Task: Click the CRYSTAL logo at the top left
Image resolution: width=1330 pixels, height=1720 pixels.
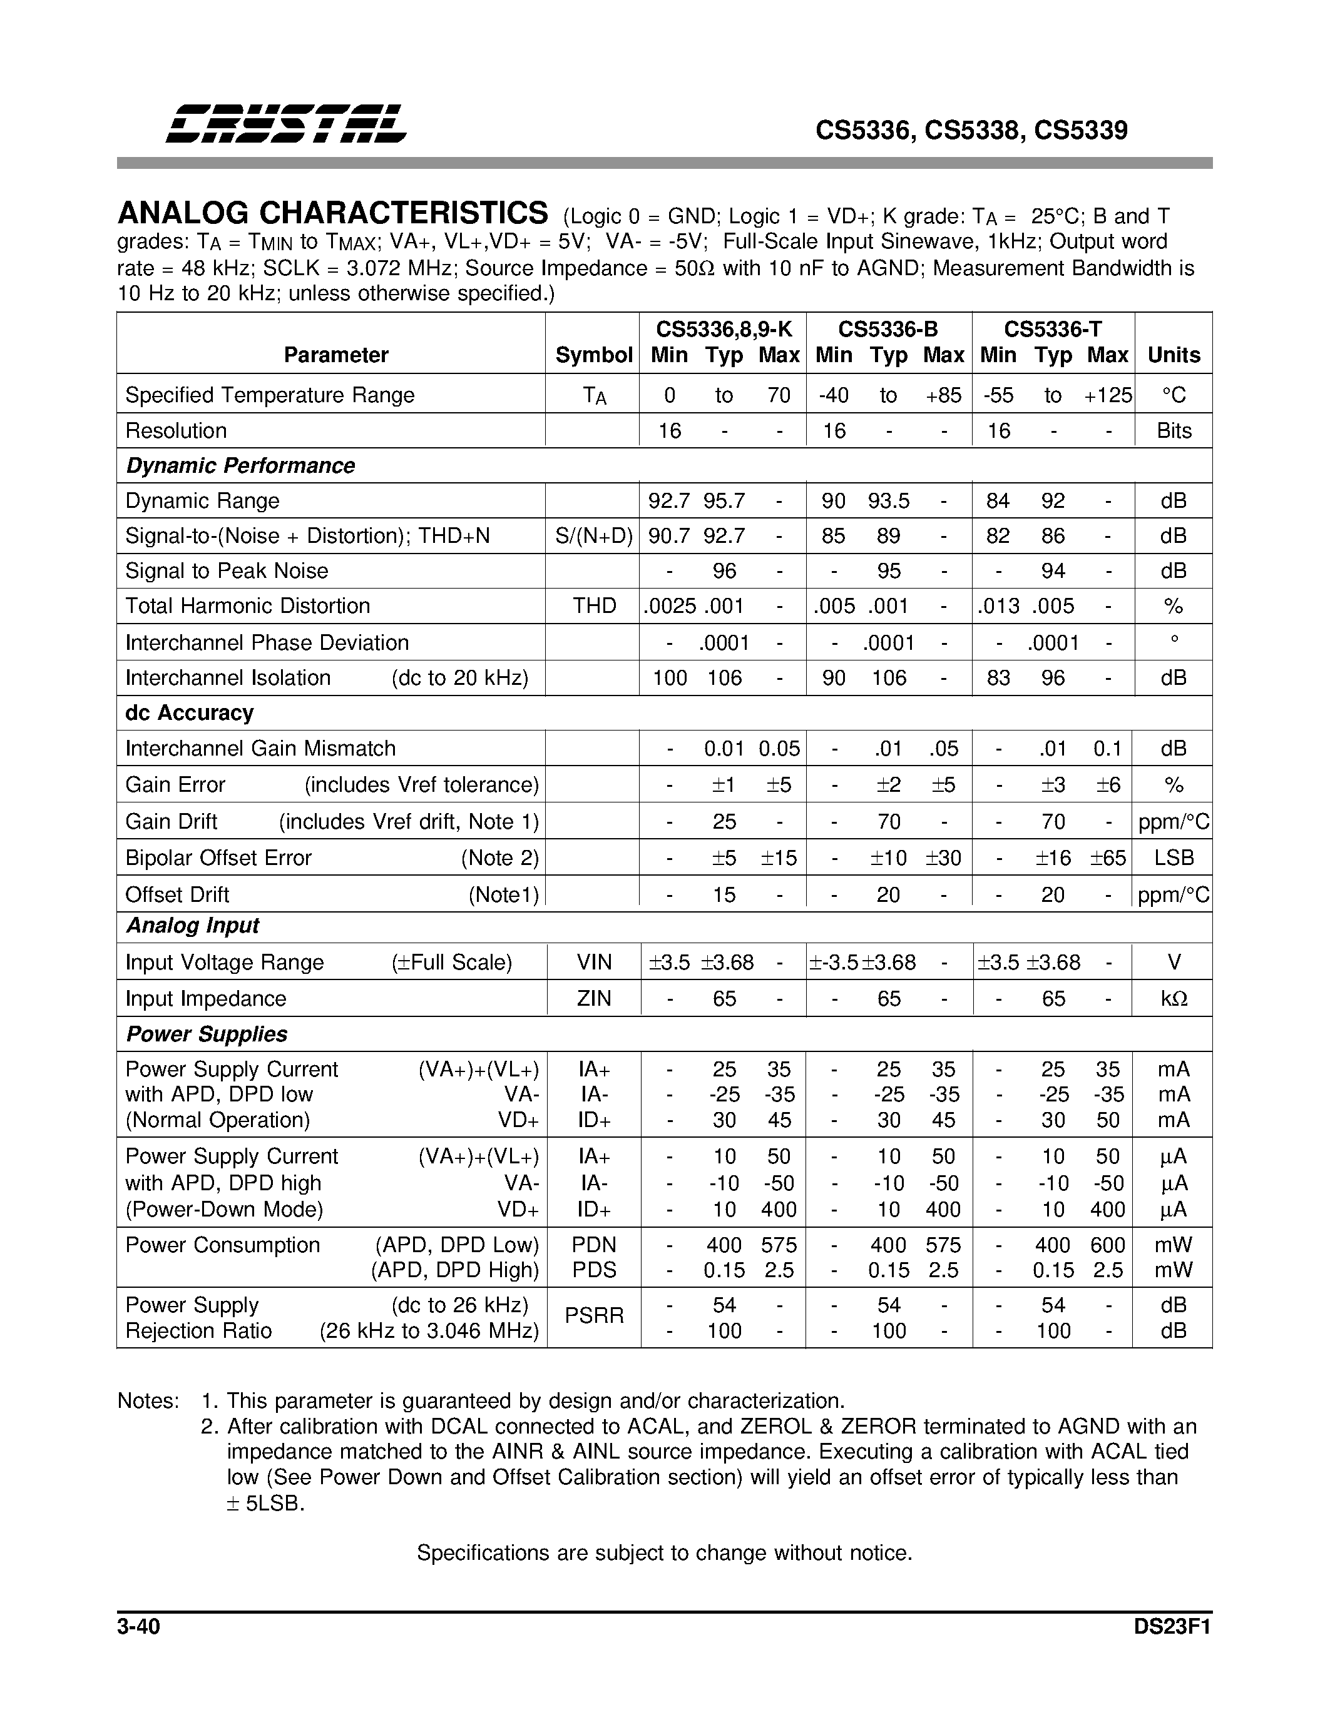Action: (285, 124)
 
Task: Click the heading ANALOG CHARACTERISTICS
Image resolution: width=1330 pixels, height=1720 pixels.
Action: (332, 213)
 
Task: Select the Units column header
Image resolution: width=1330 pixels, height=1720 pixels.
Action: (1173, 355)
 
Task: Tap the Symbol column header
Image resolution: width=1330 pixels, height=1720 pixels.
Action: (593, 355)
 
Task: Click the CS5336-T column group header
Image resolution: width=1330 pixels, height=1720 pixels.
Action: (1053, 328)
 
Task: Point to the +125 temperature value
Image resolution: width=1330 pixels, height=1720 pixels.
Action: (1107, 395)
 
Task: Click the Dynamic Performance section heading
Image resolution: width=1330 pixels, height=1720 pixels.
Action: (240, 465)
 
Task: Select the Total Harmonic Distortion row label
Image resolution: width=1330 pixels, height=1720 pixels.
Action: (247, 605)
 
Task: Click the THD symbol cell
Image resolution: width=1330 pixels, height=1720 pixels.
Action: (593, 605)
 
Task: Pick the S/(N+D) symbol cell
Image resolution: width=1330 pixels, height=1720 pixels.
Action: (593, 536)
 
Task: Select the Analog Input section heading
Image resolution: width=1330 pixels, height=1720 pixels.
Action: (192, 926)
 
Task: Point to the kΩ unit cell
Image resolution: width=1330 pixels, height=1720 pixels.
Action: (1173, 999)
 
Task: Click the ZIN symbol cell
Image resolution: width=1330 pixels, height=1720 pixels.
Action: (593, 999)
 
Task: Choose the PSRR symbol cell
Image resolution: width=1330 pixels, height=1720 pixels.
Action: (593, 1315)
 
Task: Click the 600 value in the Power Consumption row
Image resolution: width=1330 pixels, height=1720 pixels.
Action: (1107, 1245)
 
